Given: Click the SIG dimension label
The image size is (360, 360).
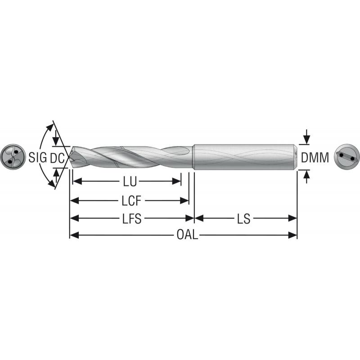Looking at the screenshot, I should point(37,157).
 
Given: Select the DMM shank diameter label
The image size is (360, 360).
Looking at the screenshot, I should point(315,158).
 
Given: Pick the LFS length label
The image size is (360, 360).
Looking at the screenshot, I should point(131,219).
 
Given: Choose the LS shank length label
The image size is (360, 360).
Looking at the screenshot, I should point(244,219).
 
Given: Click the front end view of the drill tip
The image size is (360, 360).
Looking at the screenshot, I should point(12,157).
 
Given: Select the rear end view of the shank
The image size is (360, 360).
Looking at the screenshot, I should point(347,157).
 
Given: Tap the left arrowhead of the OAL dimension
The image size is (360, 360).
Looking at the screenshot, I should point(73,235).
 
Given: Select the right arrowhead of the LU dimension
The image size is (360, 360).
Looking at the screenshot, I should point(177,182).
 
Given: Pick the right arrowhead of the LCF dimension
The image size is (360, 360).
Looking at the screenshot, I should point(184,200).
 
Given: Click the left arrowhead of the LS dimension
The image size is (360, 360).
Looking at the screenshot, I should point(198,219).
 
